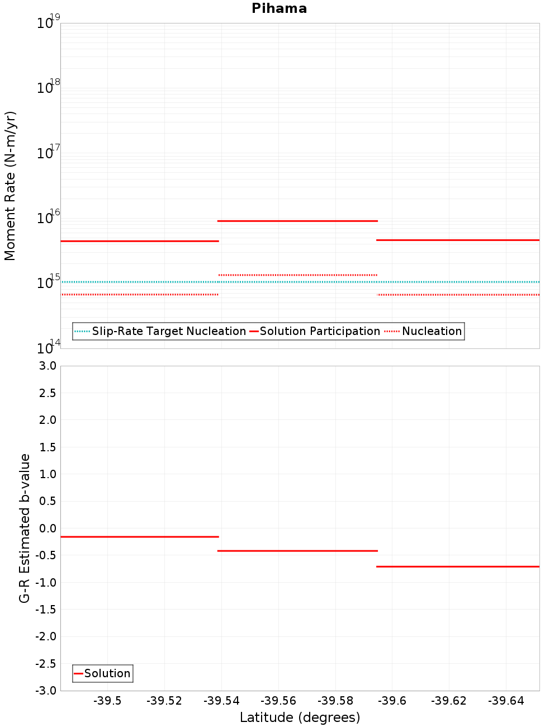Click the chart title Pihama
click(x=279, y=8)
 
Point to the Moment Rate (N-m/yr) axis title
click(x=10, y=186)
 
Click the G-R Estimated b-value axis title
click(x=25, y=528)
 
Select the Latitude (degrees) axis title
click(x=300, y=717)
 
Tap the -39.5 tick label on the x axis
click(x=107, y=701)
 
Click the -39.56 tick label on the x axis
click(x=278, y=701)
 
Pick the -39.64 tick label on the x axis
click(x=506, y=701)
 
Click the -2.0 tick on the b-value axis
click(x=46, y=636)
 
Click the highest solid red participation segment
click(x=297, y=221)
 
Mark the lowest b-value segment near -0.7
click(x=458, y=567)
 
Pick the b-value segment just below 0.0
click(x=139, y=537)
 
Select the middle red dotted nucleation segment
click(x=297, y=275)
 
